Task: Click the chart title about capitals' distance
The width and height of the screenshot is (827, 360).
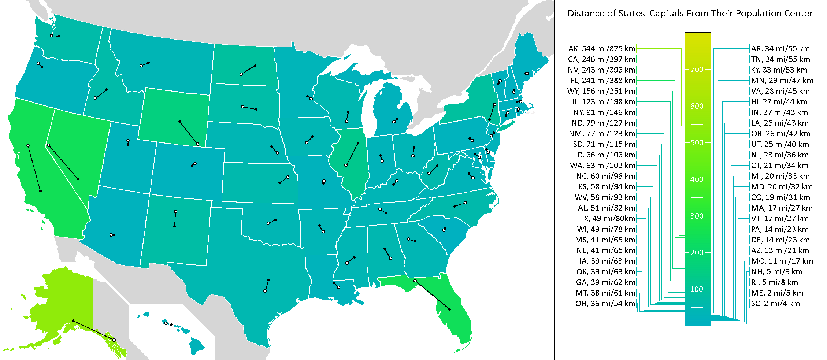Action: tap(690, 14)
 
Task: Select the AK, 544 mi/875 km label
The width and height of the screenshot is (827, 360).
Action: tap(602, 49)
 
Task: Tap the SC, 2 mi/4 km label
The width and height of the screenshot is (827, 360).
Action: tap(775, 304)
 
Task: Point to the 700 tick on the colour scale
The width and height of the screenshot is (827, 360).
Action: tap(697, 70)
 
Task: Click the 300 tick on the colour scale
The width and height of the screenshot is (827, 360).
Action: tap(697, 216)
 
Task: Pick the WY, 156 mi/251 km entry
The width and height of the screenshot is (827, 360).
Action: tap(601, 91)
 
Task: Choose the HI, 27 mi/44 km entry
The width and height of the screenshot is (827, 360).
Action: tap(779, 102)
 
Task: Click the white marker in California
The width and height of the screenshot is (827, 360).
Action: tap(28, 146)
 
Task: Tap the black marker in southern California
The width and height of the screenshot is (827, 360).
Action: tap(41, 191)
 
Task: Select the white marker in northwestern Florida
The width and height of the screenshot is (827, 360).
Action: tap(415, 281)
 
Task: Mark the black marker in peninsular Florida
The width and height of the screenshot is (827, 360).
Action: tap(450, 309)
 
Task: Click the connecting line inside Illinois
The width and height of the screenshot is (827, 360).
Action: tap(352, 154)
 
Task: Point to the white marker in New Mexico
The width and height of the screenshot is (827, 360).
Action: tap(176, 212)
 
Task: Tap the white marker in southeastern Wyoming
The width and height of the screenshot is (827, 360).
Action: tap(198, 144)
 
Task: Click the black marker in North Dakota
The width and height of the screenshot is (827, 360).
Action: tap(255, 66)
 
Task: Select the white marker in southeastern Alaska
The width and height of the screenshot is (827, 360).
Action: tap(114, 340)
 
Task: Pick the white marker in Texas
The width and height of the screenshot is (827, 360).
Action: tap(265, 291)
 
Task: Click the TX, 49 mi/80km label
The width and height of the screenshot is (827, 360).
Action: tap(607, 219)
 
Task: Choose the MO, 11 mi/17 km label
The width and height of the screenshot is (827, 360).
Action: tap(782, 261)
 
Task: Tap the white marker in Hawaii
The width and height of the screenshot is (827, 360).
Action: tap(166, 323)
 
